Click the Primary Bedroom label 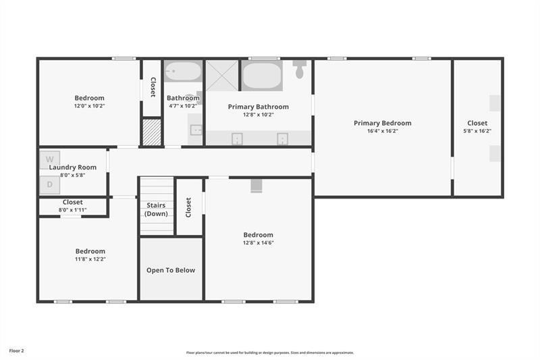point(382,123)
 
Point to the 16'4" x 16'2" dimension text point(382,131)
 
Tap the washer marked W point(49,160)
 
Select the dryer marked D point(49,184)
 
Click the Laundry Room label point(73,167)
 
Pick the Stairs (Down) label point(156,209)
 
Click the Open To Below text point(171,270)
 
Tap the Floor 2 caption point(16,351)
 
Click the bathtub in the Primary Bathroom point(262,76)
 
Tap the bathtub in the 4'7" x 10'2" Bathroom point(183,72)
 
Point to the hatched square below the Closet point(152,132)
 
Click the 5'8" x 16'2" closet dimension point(477,131)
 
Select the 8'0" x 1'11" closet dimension point(73,210)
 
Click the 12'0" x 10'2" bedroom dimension point(89,106)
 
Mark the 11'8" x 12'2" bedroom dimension point(90,259)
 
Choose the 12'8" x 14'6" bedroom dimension point(258,243)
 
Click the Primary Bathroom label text point(258,107)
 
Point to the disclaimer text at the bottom point(270,352)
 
